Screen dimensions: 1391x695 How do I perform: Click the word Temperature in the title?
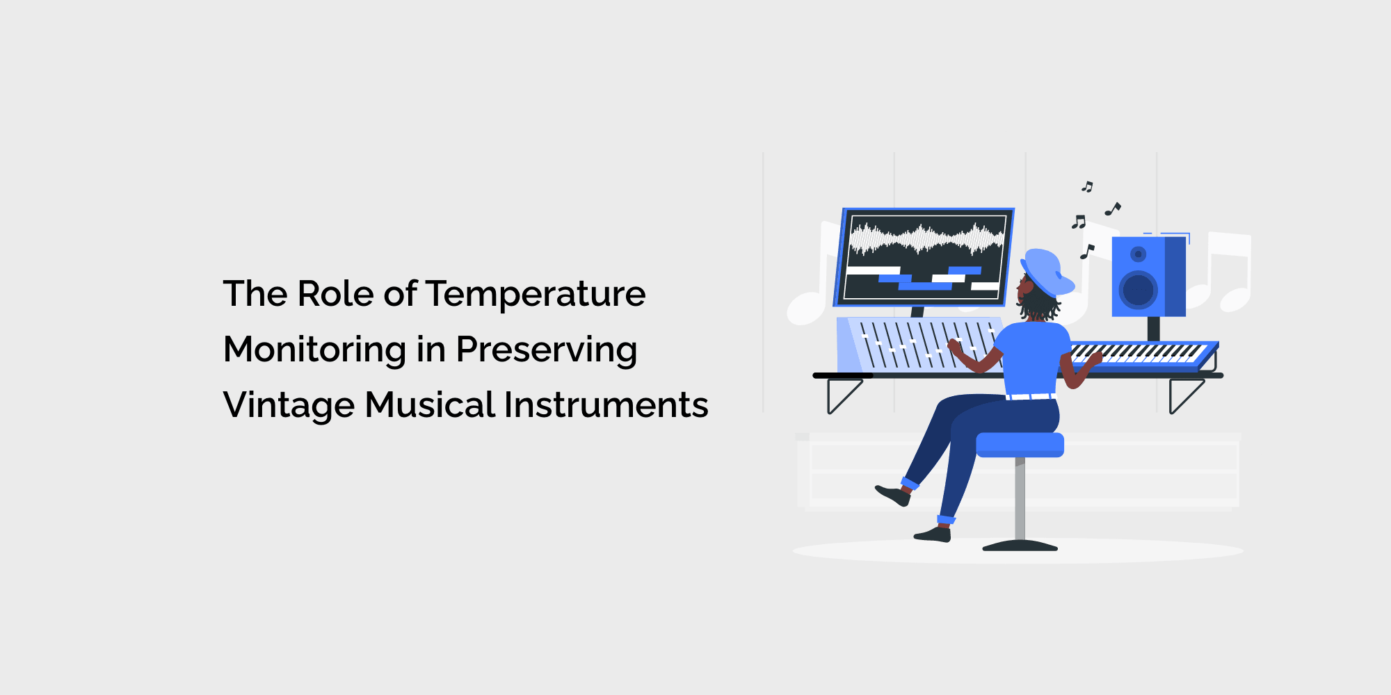click(x=536, y=295)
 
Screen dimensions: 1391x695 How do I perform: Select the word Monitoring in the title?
click(x=315, y=350)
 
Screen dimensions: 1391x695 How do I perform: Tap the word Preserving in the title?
click(x=547, y=350)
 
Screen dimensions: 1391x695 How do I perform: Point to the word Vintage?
click(x=289, y=405)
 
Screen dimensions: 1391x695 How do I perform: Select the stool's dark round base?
click(x=1020, y=546)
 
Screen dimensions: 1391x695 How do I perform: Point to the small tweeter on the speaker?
click(x=1138, y=254)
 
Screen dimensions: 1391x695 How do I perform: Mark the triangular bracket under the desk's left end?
click(x=844, y=396)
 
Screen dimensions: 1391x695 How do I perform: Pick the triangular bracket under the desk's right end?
click(x=1186, y=396)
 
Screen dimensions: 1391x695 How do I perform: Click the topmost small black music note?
click(x=1087, y=186)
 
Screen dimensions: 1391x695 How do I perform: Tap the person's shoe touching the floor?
click(x=933, y=534)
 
